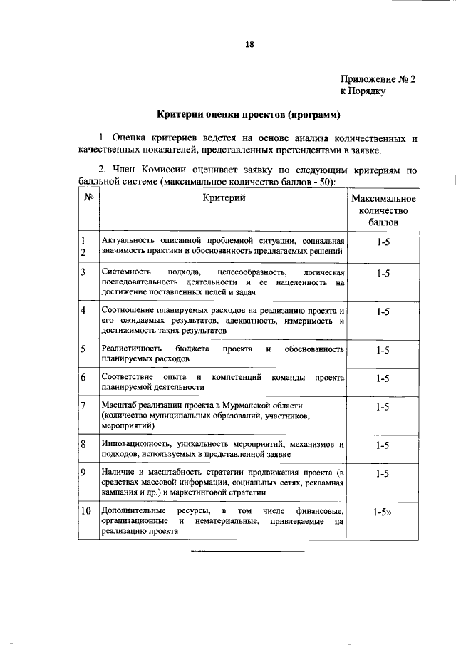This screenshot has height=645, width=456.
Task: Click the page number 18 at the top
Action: [249, 44]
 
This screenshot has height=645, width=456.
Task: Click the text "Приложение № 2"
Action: [377, 79]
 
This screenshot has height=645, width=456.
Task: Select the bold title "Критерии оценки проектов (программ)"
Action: [248, 114]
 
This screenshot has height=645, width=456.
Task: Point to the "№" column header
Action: [89, 198]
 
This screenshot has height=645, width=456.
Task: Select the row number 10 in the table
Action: [85, 511]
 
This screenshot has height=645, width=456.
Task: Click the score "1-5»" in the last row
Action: [383, 512]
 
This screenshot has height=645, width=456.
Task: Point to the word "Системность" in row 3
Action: [125, 273]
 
